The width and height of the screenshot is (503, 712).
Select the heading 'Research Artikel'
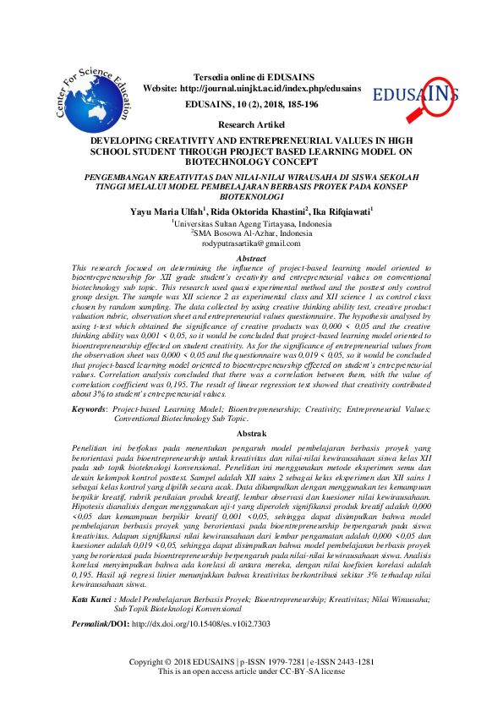(x=251, y=124)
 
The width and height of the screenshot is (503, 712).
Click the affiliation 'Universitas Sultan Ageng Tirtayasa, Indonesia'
(x=252, y=223)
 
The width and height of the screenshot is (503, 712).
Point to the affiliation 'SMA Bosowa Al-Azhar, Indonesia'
(x=252, y=233)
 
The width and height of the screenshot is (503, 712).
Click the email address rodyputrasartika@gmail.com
(x=251, y=243)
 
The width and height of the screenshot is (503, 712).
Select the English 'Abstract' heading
(x=251, y=258)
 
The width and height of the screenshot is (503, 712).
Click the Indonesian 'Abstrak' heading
(x=251, y=432)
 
